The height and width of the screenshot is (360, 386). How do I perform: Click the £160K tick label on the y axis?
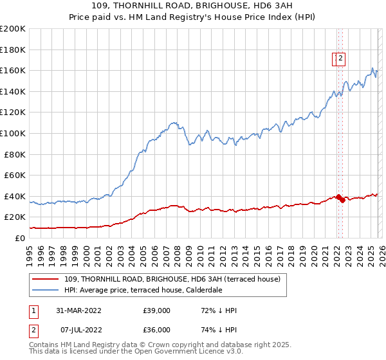coord(13,70)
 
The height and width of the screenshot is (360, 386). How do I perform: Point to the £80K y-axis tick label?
coord(15,154)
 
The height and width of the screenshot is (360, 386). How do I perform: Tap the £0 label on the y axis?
coord(21,238)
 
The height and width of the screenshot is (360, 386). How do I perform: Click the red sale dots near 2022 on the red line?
coord(340,199)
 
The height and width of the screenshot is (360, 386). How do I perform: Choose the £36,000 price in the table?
coord(157,330)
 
